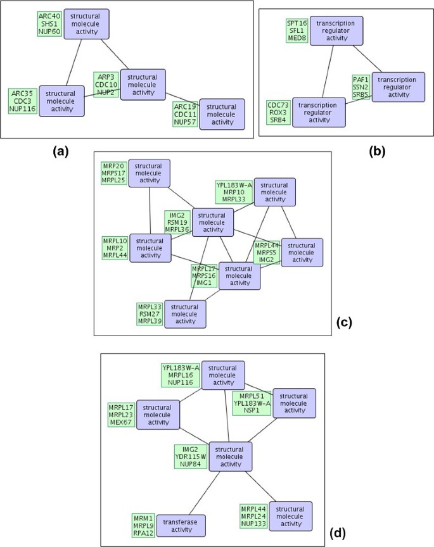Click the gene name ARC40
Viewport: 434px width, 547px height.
tap(48, 16)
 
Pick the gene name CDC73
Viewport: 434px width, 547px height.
tap(278, 104)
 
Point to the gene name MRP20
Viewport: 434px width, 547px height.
tap(114, 166)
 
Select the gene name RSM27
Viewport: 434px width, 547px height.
tap(150, 315)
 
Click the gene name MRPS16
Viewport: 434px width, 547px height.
tap(205, 276)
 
